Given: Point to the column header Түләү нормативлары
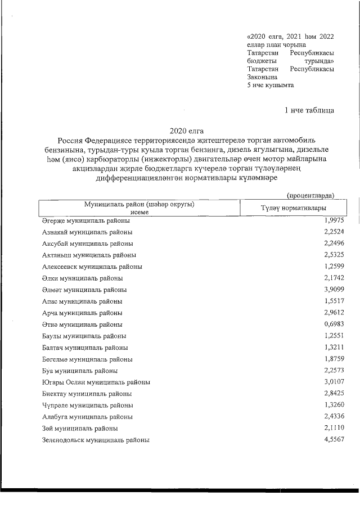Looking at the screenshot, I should click(293, 209).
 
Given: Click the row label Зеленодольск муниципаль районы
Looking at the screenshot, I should click(96, 440).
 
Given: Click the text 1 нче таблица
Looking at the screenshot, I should click(309, 110).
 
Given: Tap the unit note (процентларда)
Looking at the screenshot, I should click(310, 195).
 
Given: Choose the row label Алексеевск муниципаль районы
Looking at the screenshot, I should click(92, 267).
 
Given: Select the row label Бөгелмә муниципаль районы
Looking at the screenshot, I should click(88, 359).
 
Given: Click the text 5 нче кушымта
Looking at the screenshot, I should click(270, 85).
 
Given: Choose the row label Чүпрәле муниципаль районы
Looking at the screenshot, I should click(88, 406).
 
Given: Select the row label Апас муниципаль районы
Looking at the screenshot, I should click(83, 301).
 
